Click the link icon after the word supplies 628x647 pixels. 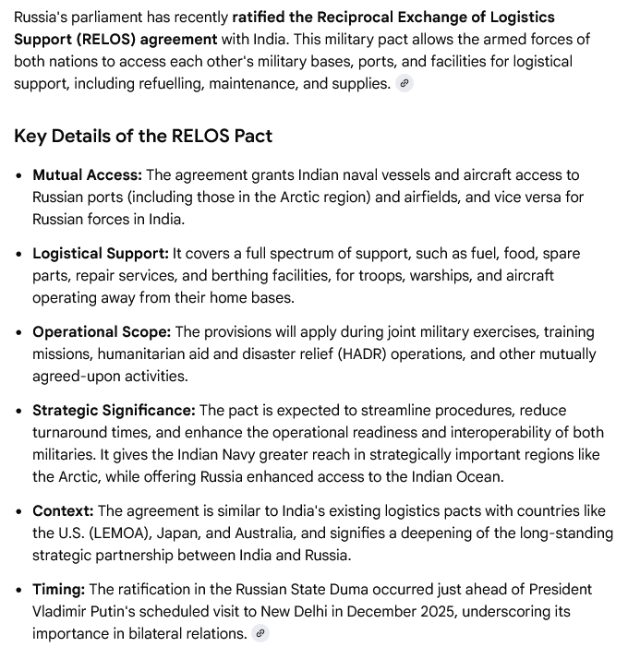tap(404, 84)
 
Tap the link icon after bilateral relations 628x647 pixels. tap(260, 634)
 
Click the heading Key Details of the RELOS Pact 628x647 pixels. tap(143, 136)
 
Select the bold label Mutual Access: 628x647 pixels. tap(87, 175)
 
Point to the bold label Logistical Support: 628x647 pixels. tap(101, 254)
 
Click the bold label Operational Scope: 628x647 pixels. tap(102, 332)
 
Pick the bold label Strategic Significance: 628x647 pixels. tap(114, 411)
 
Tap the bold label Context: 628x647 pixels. tap(63, 511)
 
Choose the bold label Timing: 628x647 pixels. tap(59, 590)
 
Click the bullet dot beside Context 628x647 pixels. tap(18, 511)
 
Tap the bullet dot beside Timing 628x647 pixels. tap(18, 590)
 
